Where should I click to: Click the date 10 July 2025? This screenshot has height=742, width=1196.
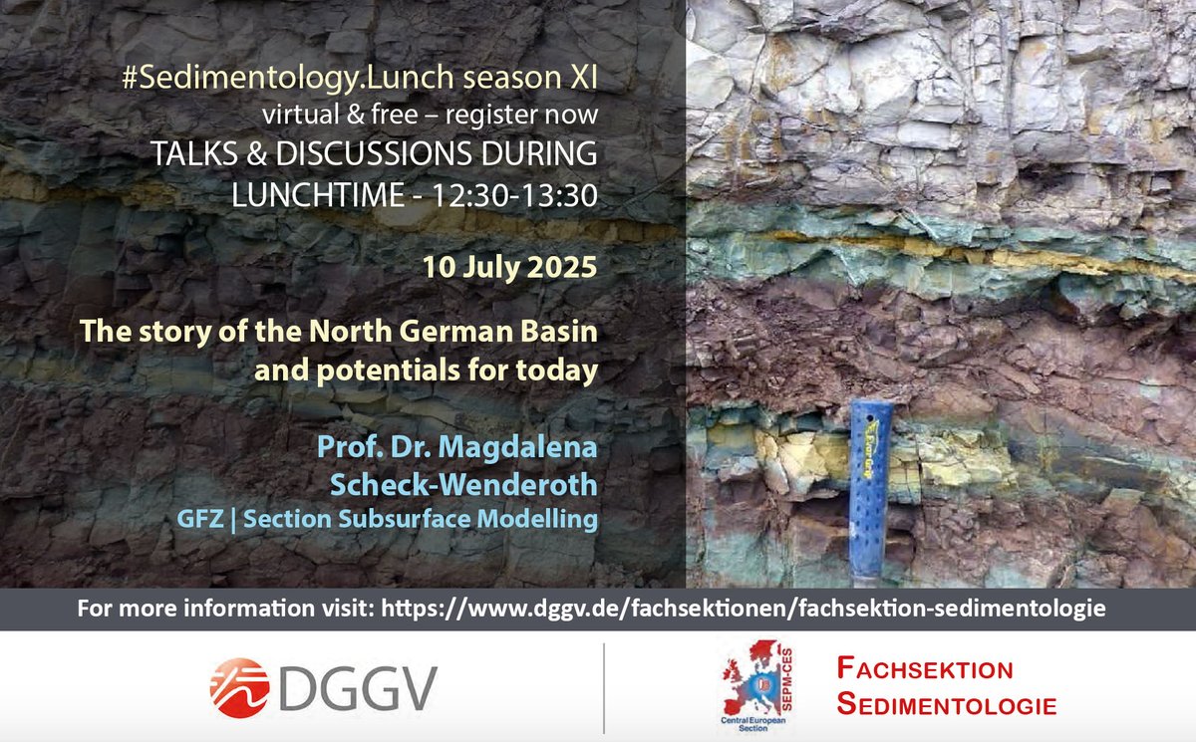[x=509, y=269]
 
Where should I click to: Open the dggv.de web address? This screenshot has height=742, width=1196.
[x=744, y=608]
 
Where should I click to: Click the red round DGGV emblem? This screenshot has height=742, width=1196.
[x=240, y=686]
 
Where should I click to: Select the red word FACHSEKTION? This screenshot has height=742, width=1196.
[x=924, y=669]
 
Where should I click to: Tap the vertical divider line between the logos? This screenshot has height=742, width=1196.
[x=604, y=688]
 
